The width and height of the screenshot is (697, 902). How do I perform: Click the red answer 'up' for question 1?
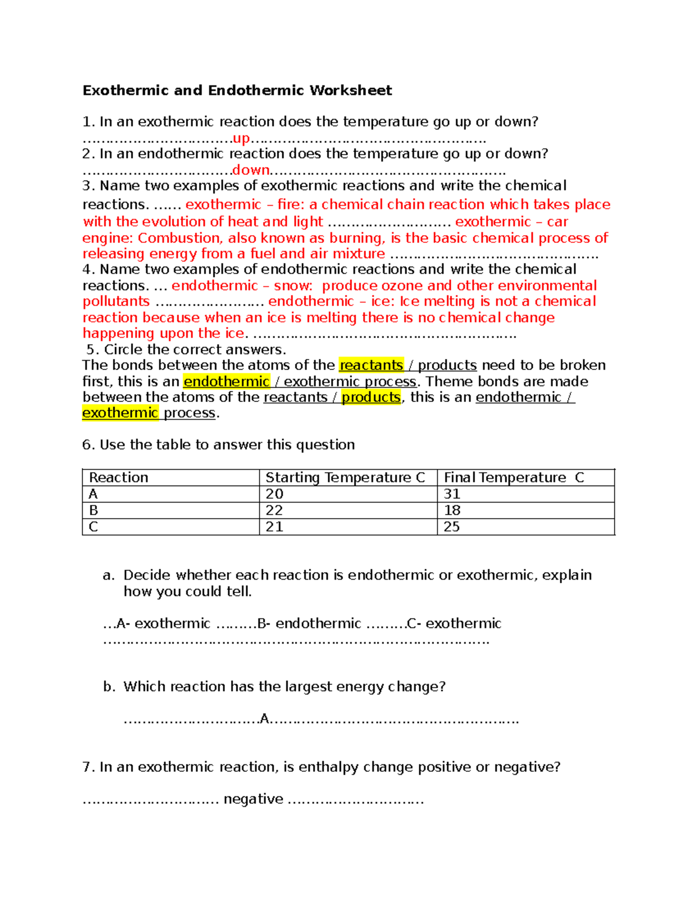[241, 139]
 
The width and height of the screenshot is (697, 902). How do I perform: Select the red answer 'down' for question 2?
[251, 170]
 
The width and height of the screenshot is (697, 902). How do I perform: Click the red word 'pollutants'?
[116, 301]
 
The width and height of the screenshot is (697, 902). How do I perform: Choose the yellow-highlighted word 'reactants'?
[371, 365]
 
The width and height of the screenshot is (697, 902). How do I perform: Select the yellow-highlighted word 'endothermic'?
[227, 382]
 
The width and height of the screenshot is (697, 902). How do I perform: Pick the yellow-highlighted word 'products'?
[371, 397]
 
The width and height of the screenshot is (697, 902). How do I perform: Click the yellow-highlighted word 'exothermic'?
[120, 413]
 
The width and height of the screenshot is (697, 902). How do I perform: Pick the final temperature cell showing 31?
[452, 494]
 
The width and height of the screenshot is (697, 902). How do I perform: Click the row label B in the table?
[94, 511]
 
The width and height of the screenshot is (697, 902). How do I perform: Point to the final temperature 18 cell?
[452, 511]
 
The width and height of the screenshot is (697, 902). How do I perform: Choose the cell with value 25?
[452, 527]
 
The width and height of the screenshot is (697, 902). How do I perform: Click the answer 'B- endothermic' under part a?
[309, 624]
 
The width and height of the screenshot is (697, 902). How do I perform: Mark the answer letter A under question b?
[265, 719]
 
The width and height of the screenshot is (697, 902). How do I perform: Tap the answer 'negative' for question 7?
[253, 799]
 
